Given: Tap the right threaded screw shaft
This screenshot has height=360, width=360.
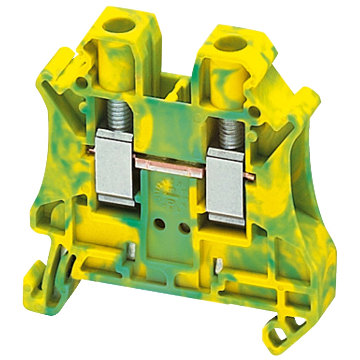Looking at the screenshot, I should coord(230,134).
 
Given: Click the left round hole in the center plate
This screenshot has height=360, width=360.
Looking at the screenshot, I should coord(159,223).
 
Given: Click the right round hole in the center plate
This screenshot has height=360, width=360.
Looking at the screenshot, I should coord(184,229).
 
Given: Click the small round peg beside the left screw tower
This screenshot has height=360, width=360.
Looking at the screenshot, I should coord(82,83).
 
